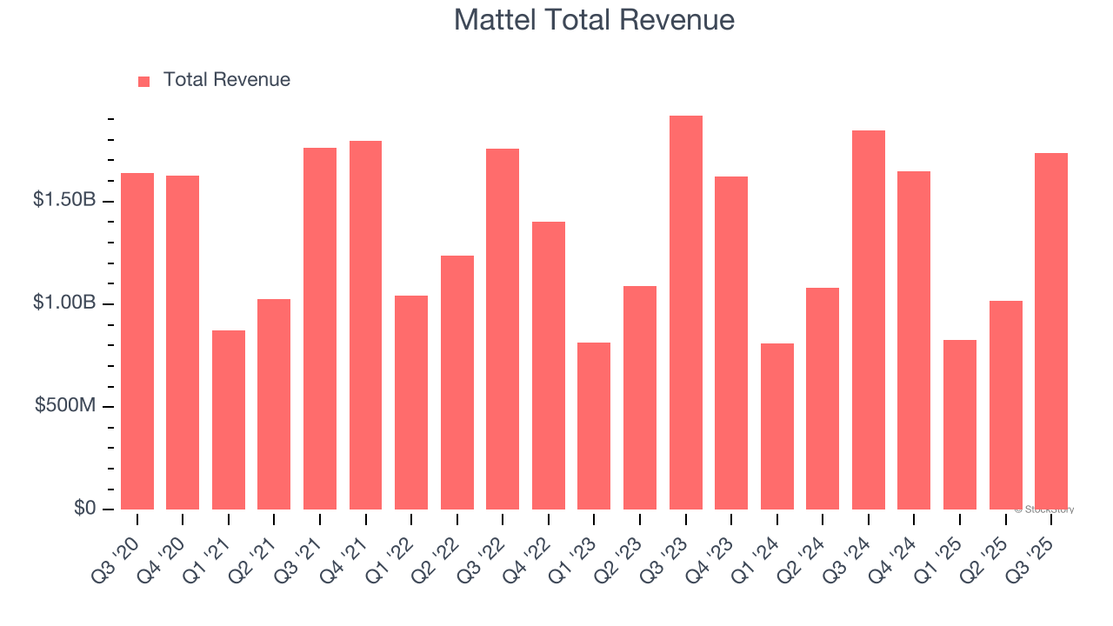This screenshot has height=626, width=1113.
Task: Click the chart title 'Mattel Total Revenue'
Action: [594, 20]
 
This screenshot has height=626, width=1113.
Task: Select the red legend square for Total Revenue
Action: [144, 81]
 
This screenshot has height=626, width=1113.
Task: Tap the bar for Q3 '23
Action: [685, 313]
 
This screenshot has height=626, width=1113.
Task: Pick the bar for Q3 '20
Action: [137, 341]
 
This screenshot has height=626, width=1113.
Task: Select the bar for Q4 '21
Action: [365, 325]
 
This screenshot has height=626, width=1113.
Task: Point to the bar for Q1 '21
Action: [229, 419]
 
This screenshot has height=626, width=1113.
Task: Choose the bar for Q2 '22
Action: [457, 383]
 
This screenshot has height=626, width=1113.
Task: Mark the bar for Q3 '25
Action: [1050, 330]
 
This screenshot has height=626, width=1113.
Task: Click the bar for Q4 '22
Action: [549, 365]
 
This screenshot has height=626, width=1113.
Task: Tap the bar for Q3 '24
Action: [868, 320]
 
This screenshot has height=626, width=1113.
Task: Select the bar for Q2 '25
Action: [1005, 405]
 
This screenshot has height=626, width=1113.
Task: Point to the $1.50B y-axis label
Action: [64, 200]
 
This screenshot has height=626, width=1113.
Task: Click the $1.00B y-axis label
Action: [64, 303]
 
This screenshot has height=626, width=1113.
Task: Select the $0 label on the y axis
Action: [84, 508]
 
